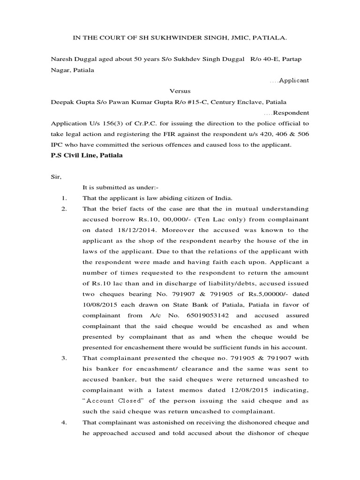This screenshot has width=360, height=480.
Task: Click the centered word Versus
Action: tap(180, 91)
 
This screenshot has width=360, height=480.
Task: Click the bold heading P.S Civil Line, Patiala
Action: tap(87, 155)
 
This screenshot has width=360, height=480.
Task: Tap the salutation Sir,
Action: tap(56, 177)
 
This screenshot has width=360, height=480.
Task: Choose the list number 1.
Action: tap(64, 198)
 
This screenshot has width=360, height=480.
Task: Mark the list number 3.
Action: tap(64, 358)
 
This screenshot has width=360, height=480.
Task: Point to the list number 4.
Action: tap(64, 422)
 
